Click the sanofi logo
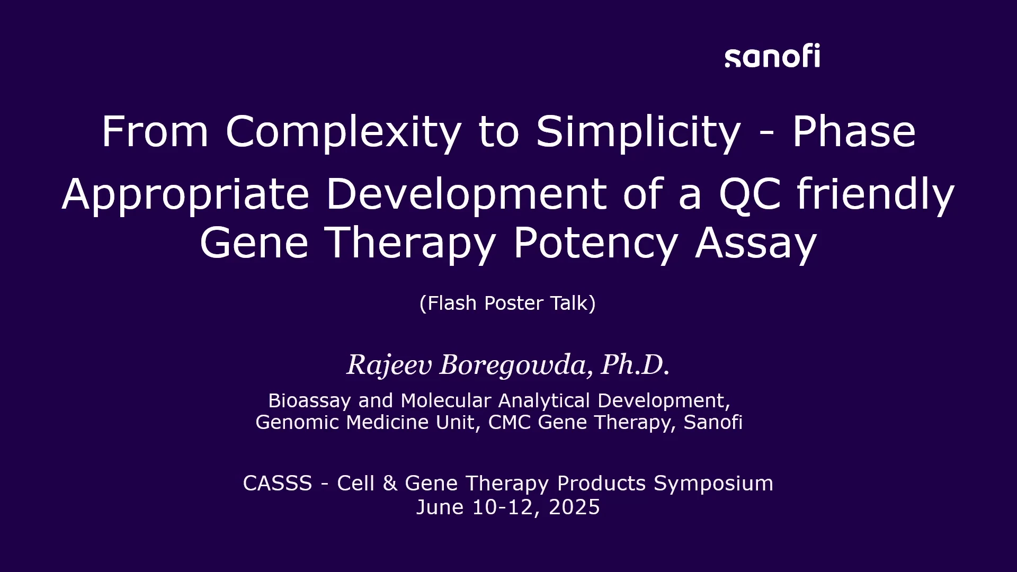pos(772,56)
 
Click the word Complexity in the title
pos(344,132)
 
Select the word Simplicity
pos(638,132)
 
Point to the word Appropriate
pos(185,195)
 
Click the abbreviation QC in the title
pos(750,194)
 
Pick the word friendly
pos(876,195)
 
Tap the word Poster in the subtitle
pos(514,303)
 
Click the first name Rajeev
pos(389,365)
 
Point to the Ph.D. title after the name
pos(635,364)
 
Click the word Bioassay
pos(309,401)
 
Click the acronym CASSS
pos(278,483)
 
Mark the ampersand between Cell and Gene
pos(390,483)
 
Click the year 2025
pos(574,507)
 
